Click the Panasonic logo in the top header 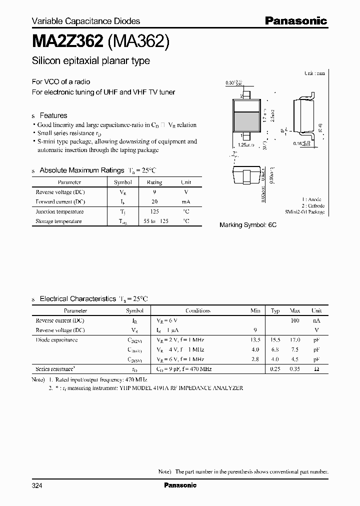pyautogui.click(x=295, y=20)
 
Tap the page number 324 pyautogui.click(x=37, y=485)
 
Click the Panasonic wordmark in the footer pyautogui.click(x=180, y=485)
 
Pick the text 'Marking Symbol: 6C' pyautogui.click(x=248, y=225)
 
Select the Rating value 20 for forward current pyautogui.click(x=154, y=201)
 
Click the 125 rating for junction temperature pyautogui.click(x=154, y=211)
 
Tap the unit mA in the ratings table pyautogui.click(x=185, y=201)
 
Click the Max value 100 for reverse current pyautogui.click(x=295, y=320)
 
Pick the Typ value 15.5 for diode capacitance pyautogui.click(x=275, y=339)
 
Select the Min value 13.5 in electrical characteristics pyautogui.click(x=255, y=339)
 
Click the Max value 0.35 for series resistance pyautogui.click(x=295, y=368)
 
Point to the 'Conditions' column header pyautogui.click(x=198, y=310)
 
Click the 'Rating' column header pyautogui.click(x=154, y=182)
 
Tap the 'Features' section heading pyautogui.click(x=53, y=115)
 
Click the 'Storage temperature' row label pyautogui.click(x=58, y=221)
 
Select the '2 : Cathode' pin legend pyautogui.click(x=313, y=205)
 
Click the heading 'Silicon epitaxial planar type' pyautogui.click(x=90, y=61)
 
